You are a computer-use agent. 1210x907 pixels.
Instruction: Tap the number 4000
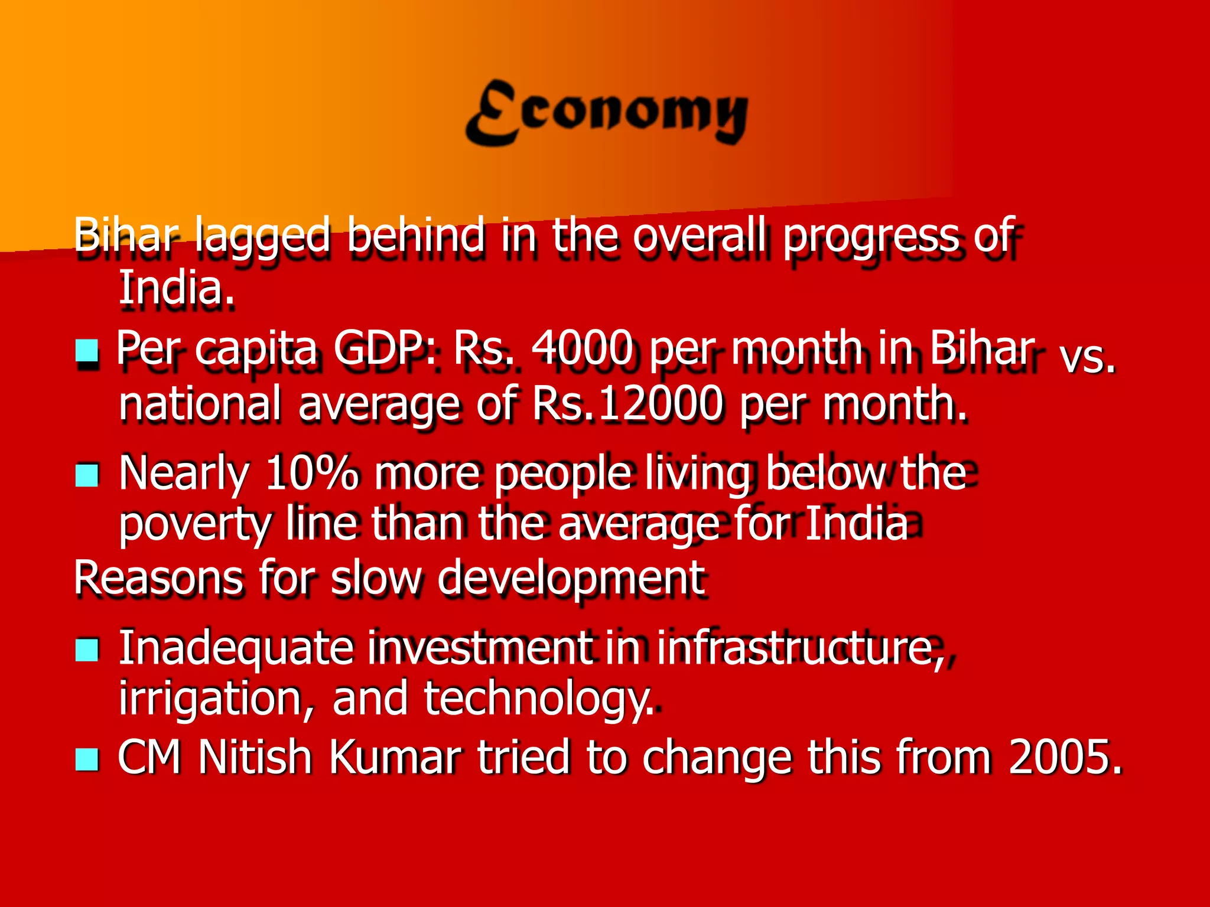coord(582,348)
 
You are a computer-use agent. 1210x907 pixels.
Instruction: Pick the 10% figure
coord(311,474)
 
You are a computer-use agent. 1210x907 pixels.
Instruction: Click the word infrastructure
coord(800,648)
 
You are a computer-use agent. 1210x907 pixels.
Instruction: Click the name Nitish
coord(255,757)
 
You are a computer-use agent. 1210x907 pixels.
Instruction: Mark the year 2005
coord(1063,757)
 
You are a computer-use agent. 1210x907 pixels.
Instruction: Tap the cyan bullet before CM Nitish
coord(87,759)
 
